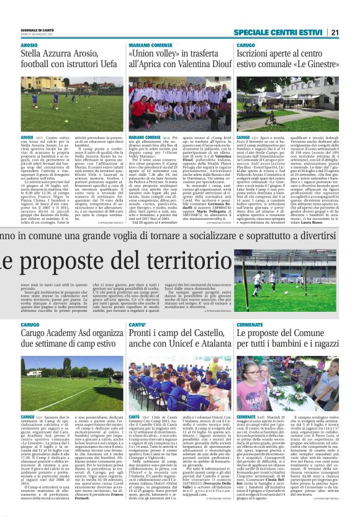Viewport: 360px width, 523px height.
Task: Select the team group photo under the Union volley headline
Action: [x=179, y=102]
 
